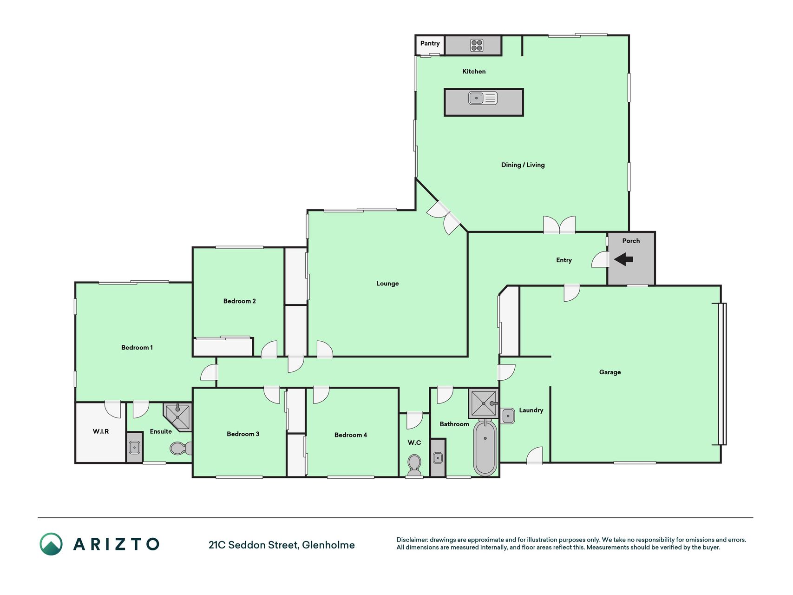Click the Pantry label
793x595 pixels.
pos(430,43)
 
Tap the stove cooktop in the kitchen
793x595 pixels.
pos(477,45)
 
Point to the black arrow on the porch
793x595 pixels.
pos(623,259)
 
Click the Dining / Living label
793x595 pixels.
pos(523,165)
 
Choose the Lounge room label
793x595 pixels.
pos(387,283)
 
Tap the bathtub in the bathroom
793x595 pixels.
pos(485,447)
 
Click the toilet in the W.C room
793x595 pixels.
pos(414,465)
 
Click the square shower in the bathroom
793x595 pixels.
pos(483,403)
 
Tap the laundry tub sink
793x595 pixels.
pos(508,416)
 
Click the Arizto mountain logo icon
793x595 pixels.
pos(51,544)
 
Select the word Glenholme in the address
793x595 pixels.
pos(328,545)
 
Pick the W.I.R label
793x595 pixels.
pos(101,431)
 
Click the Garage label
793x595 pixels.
pos(610,372)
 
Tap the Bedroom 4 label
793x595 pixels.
pos(351,435)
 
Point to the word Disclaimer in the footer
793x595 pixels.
pos(412,540)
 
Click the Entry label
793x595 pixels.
pos(564,260)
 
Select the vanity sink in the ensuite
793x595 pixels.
pos(134,448)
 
